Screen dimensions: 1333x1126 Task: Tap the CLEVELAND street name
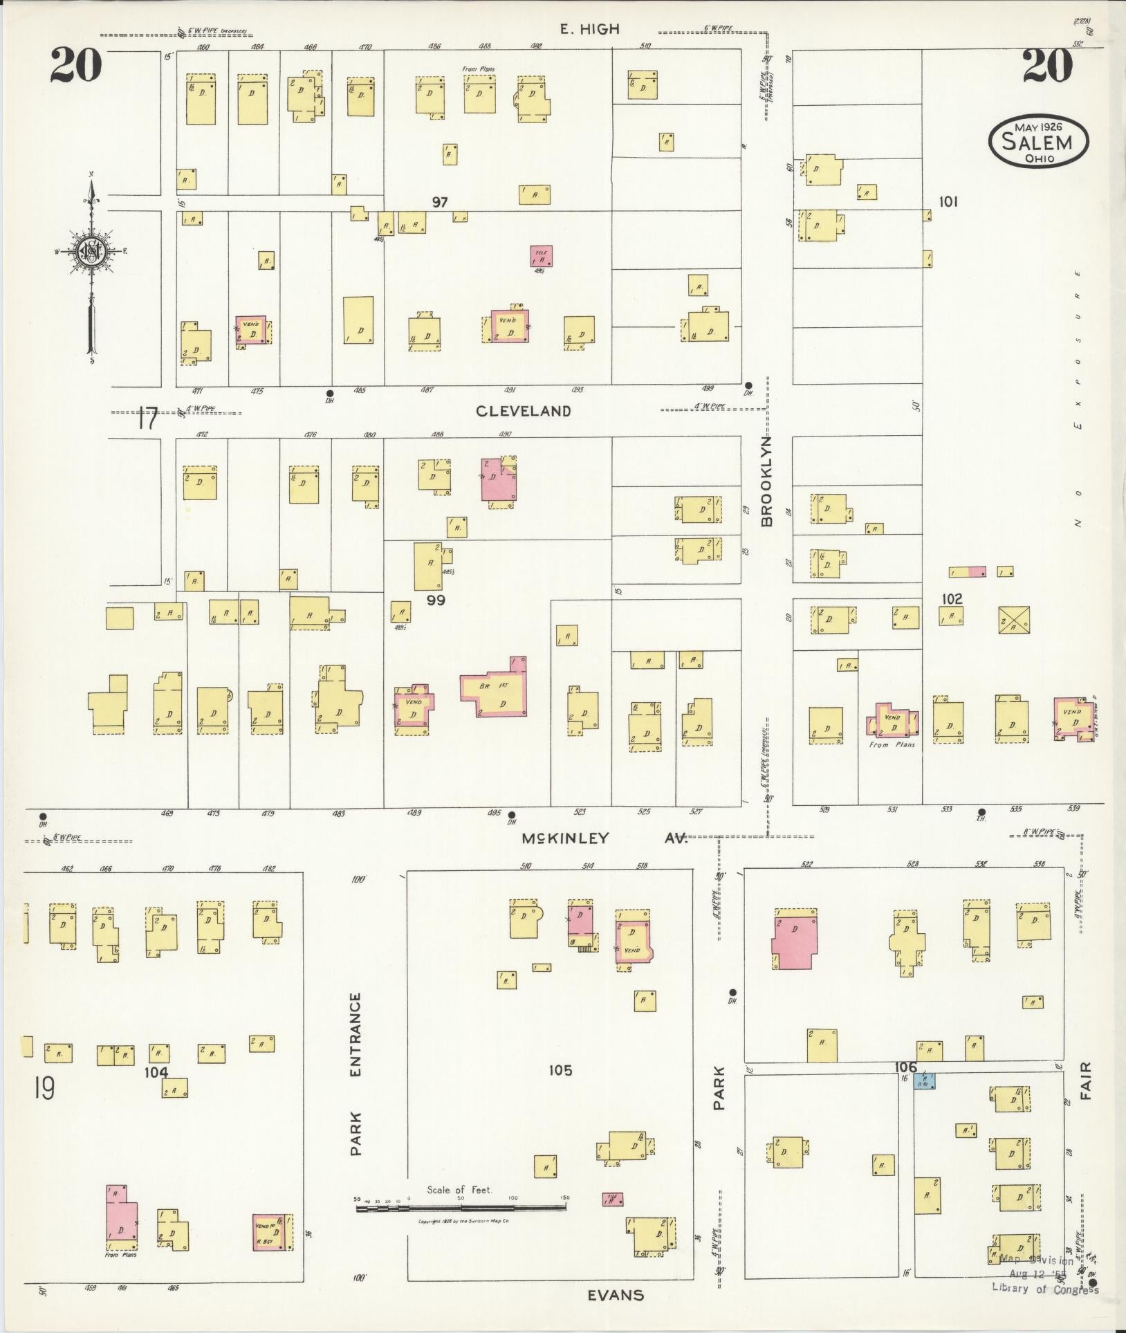pos(524,411)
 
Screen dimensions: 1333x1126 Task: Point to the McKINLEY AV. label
pos(604,838)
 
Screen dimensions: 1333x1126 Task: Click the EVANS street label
pos(616,1295)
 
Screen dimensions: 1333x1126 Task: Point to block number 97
pos(440,202)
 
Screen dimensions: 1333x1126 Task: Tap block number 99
pos(436,600)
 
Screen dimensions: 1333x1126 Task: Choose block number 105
pos(560,1070)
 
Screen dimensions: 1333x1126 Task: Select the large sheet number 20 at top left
pos(76,66)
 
